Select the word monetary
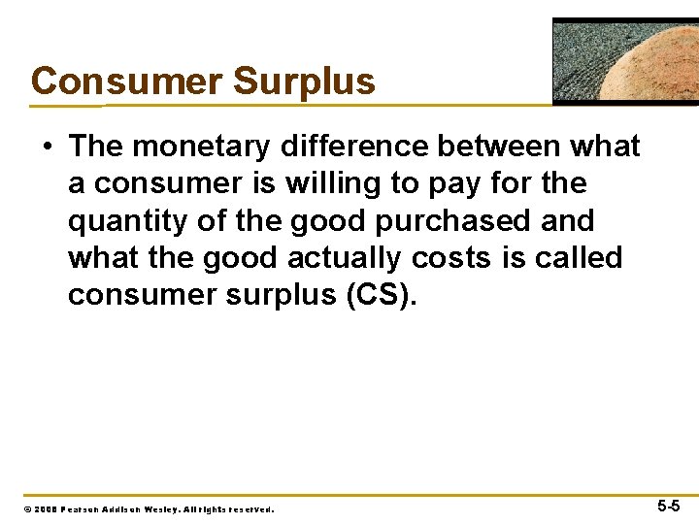tap(201, 147)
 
